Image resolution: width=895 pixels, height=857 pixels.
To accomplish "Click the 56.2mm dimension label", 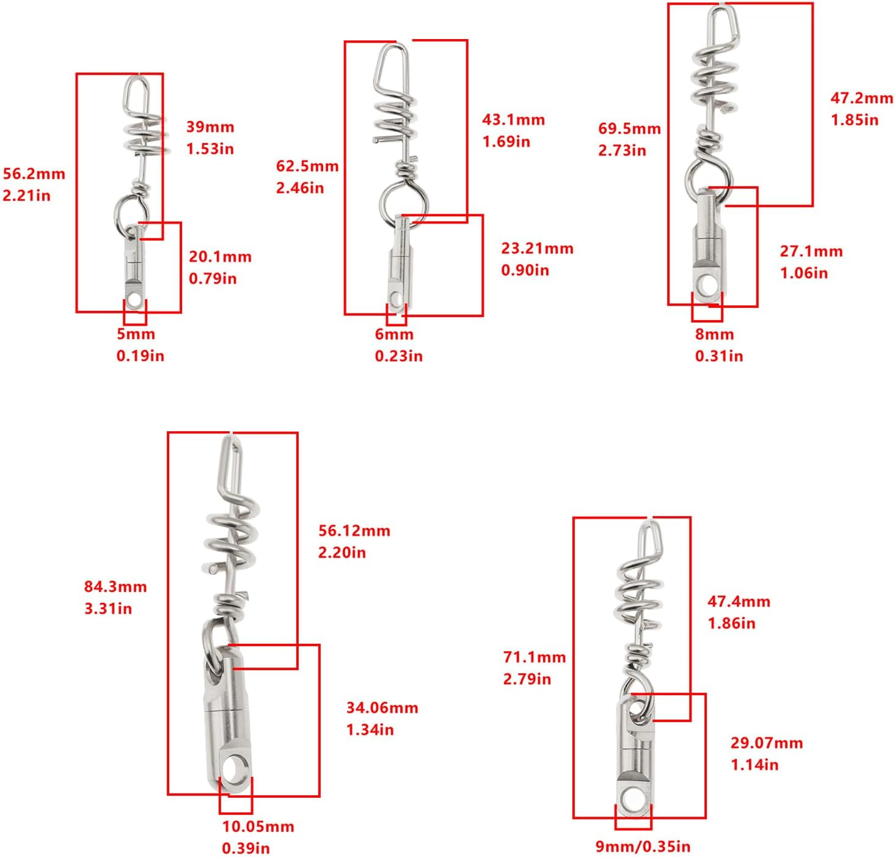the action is point(34,174).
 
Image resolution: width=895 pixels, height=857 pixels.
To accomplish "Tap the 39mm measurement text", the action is point(210,127).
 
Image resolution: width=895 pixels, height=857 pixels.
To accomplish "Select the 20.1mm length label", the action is point(221,257).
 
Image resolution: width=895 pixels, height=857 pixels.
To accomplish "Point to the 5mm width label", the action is point(136,334).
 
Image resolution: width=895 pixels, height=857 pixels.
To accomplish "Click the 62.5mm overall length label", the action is point(307,166).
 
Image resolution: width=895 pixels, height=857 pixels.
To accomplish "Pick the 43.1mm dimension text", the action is point(513,120).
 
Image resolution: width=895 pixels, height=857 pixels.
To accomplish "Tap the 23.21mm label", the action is point(537,248).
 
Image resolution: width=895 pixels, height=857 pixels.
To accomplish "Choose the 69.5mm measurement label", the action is point(629,128).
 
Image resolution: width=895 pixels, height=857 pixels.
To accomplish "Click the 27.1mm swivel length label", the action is point(811,251).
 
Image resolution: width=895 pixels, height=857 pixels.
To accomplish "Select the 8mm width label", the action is point(714,334).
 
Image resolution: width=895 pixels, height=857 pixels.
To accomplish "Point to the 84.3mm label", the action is point(115,586).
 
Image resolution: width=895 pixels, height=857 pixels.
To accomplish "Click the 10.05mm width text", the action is point(258,826).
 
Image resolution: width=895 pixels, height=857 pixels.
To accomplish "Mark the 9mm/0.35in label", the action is point(643,847).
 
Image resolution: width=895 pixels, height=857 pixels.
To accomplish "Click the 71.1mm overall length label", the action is point(535,657).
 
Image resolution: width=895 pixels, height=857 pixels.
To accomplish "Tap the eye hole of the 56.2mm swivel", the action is point(134,301).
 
